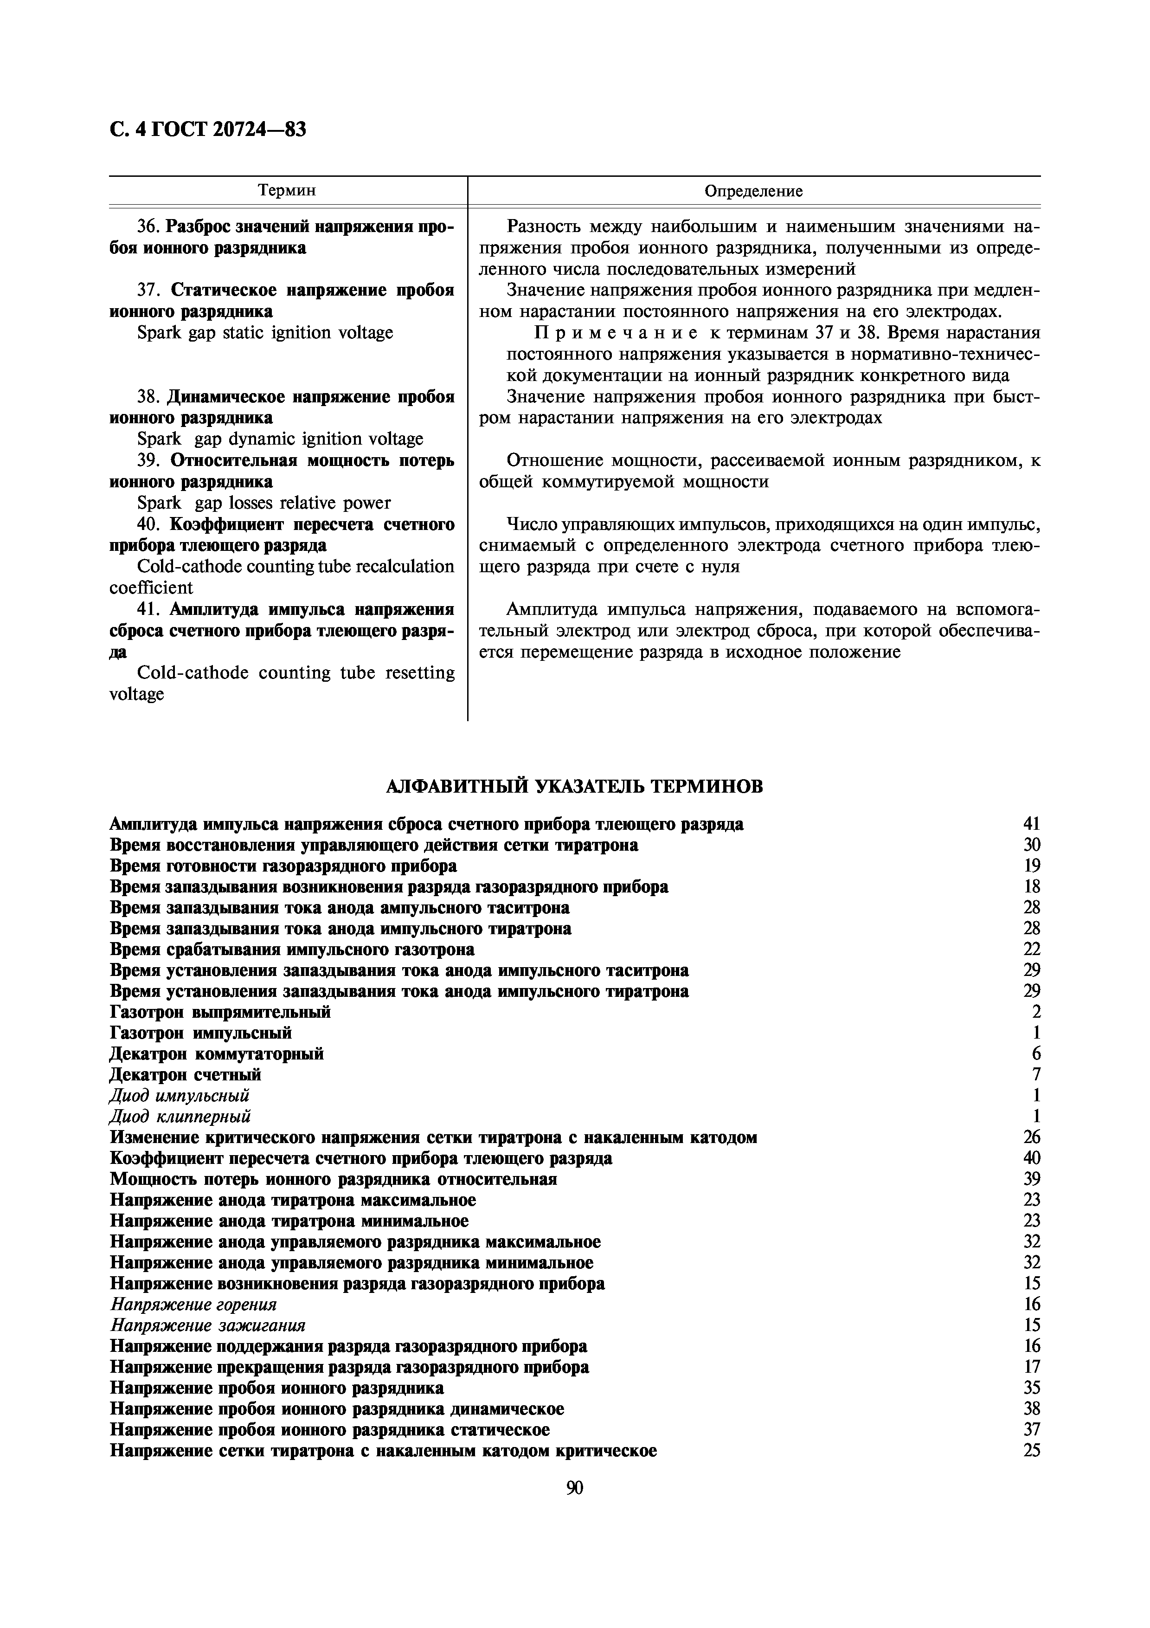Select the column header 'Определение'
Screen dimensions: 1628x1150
coord(753,191)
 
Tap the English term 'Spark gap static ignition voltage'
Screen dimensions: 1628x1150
coord(265,333)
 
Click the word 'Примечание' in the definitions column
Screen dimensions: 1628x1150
coord(614,333)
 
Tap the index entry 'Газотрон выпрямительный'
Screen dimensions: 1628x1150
coord(220,1012)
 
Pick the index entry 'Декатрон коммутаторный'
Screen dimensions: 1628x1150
coord(217,1053)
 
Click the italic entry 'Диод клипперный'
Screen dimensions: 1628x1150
coord(180,1117)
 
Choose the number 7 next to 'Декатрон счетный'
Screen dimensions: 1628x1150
coord(1036,1075)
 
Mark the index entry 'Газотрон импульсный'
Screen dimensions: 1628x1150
coord(201,1033)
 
